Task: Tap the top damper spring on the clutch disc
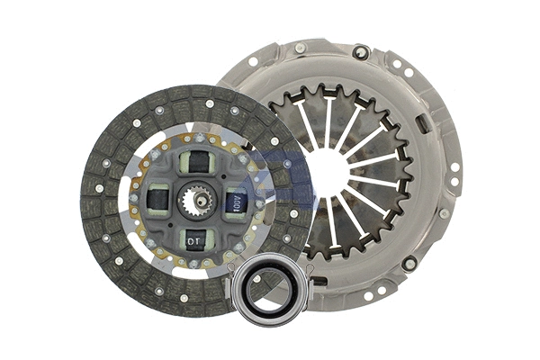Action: pyautogui.click(x=196, y=163)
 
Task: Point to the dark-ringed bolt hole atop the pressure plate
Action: pyautogui.click(x=360, y=51)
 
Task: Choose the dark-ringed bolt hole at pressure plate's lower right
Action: pyautogui.click(x=409, y=264)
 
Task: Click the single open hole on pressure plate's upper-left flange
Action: pyautogui.click(x=254, y=62)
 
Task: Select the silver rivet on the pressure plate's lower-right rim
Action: pyautogui.click(x=444, y=214)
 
